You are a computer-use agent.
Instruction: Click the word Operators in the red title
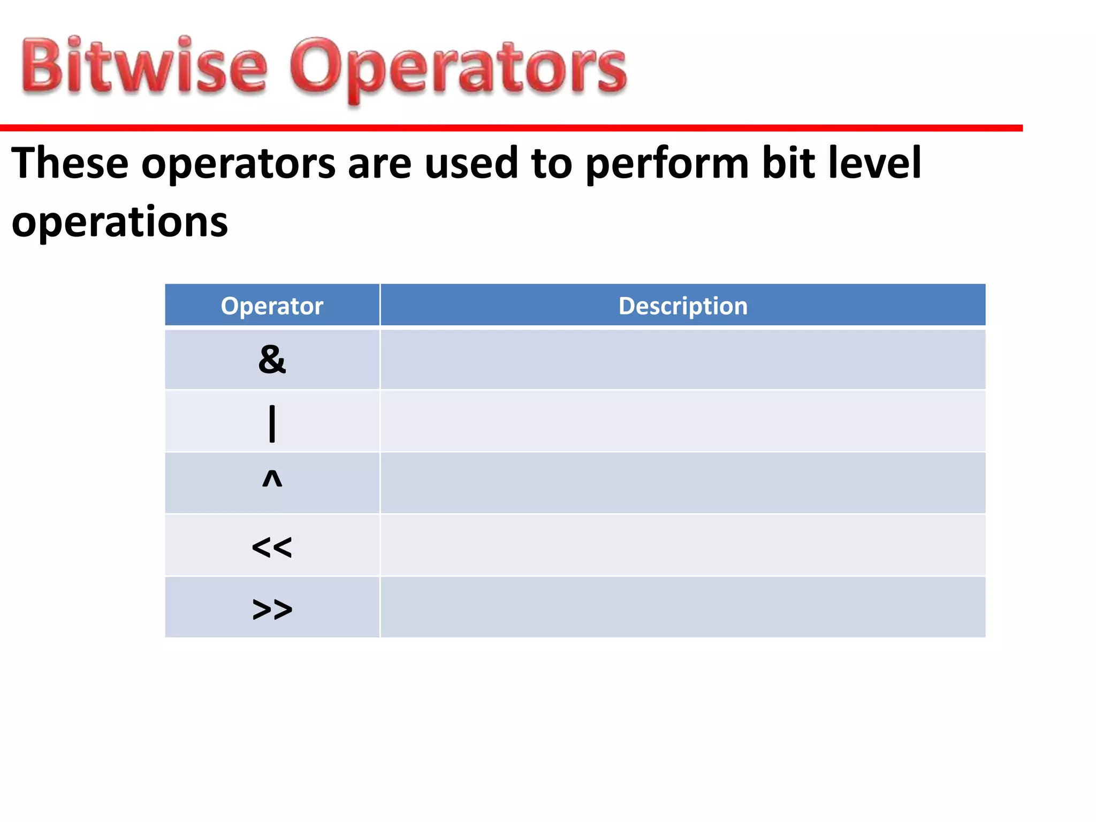tap(458, 70)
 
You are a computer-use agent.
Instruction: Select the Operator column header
tap(272, 306)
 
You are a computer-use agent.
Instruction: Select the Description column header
tap(683, 306)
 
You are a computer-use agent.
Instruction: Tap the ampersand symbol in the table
tap(272, 360)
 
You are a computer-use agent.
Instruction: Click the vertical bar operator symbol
tap(272, 423)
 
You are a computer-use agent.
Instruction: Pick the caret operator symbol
tap(272, 479)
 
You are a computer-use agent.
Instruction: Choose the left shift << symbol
tap(272, 547)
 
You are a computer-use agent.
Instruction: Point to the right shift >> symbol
tap(272, 609)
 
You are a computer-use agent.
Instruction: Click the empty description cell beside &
tap(683, 360)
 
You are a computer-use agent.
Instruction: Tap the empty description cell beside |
tap(683, 421)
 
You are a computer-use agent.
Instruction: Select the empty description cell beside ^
tap(683, 483)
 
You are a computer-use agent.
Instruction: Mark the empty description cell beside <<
tap(683, 545)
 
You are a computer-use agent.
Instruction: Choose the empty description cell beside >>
tap(683, 607)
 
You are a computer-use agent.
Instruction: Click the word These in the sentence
tap(70, 163)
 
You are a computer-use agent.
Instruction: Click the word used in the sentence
tap(471, 163)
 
